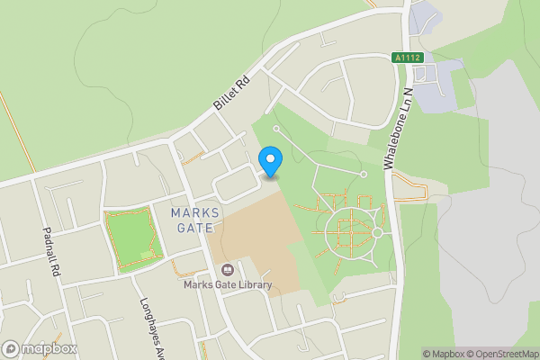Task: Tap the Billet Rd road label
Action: tap(230, 92)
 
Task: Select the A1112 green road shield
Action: tap(407, 58)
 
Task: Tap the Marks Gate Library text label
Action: tap(228, 286)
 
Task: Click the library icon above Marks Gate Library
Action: tap(227, 270)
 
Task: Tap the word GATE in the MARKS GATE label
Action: tap(190, 228)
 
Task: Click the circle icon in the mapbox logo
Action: tap(11, 347)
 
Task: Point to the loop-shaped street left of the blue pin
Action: tap(234, 186)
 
